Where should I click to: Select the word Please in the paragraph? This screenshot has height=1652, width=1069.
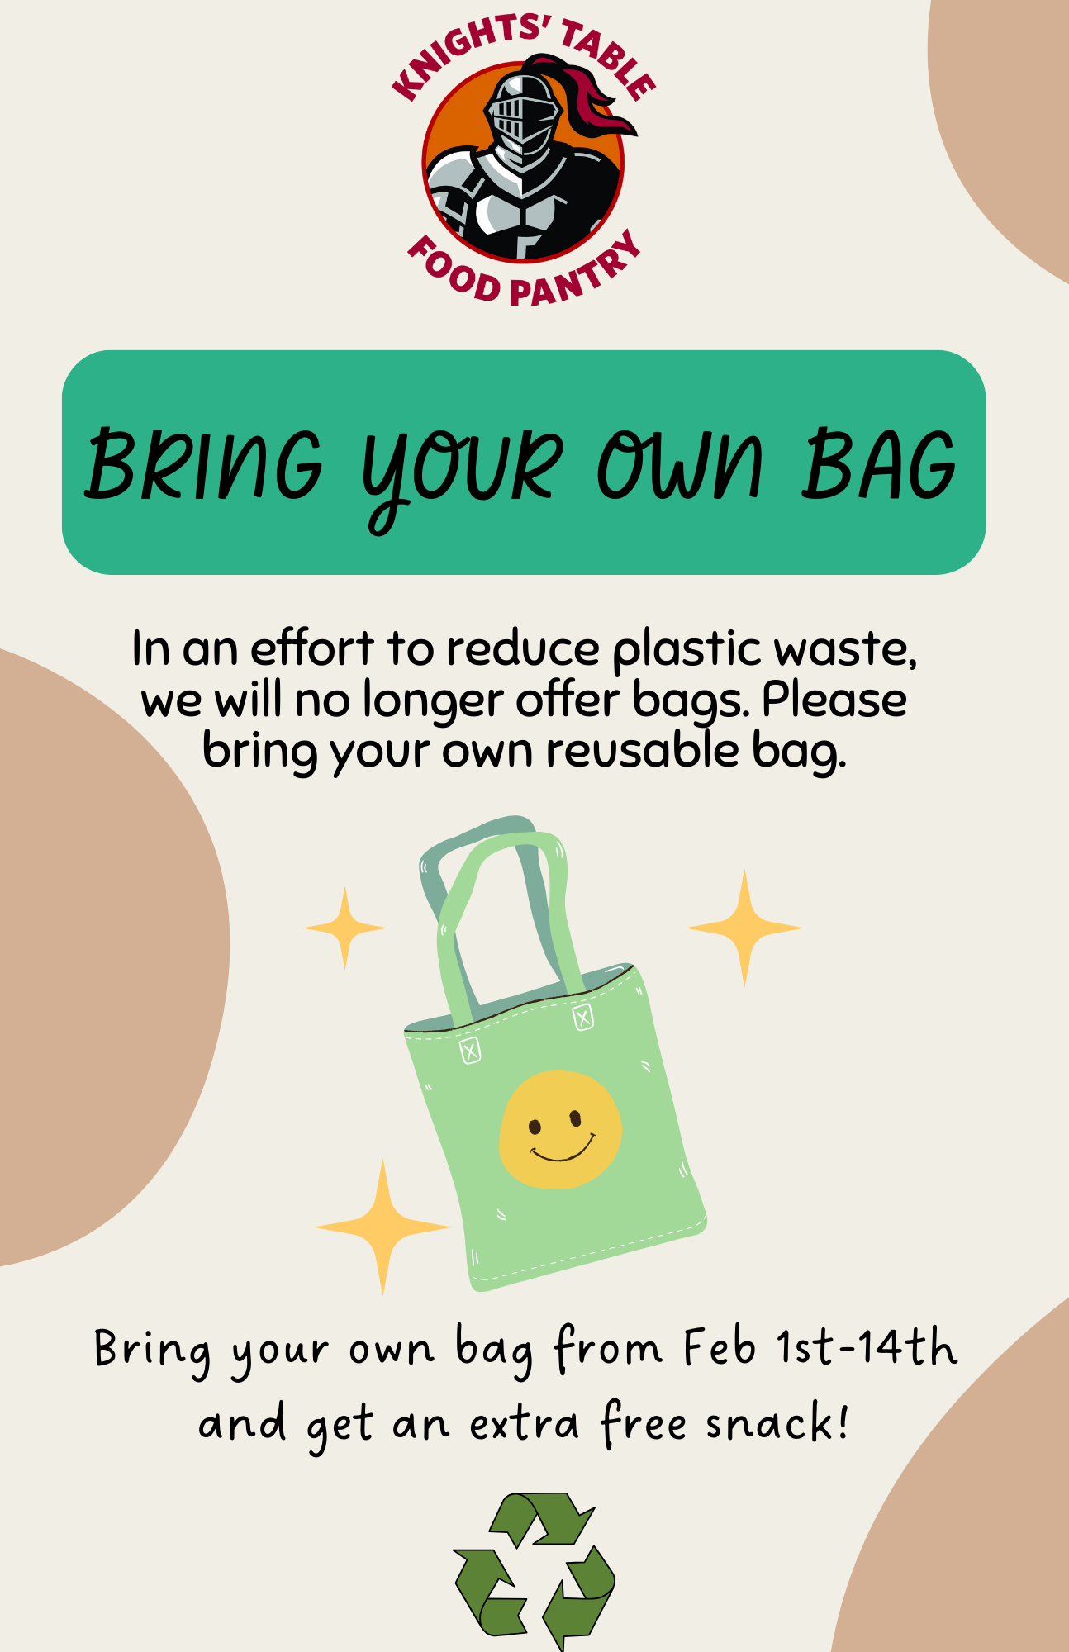click(834, 700)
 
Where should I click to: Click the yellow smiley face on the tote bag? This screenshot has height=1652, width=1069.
click(561, 1129)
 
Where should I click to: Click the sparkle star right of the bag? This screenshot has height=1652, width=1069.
click(744, 928)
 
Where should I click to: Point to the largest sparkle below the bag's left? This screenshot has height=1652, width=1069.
click(382, 1227)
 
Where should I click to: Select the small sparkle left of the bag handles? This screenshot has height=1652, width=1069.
click(344, 928)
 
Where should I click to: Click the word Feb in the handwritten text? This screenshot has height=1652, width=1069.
click(720, 1347)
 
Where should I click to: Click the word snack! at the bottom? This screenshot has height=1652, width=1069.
click(777, 1422)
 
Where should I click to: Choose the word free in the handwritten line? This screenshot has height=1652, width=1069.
click(644, 1422)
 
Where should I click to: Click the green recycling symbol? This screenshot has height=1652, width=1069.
click(534, 1570)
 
